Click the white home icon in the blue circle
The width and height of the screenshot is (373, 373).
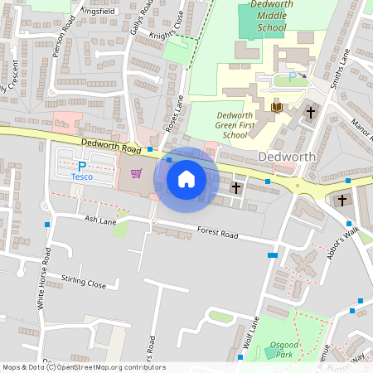pos(186,177)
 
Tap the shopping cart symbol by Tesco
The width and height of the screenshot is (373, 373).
pos(137,174)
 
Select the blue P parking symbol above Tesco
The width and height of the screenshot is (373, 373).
pos(81,166)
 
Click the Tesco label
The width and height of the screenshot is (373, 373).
pos(81,177)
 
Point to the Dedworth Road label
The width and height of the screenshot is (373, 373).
pos(112,146)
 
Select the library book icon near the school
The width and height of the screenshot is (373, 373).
pos(277,107)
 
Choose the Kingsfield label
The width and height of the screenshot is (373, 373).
pos(99,12)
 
